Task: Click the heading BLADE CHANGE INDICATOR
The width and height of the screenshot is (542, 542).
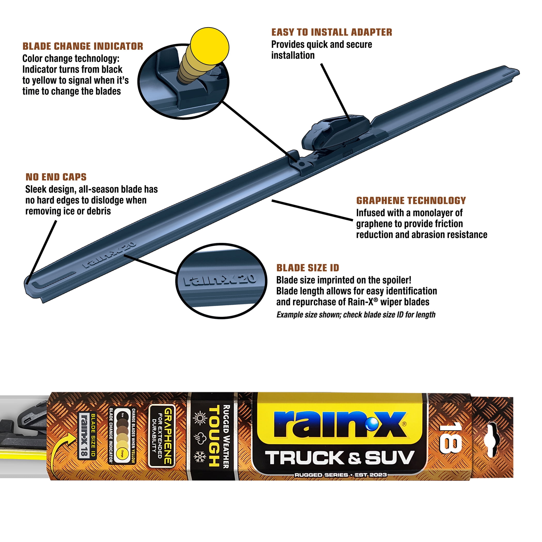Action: tap(83, 46)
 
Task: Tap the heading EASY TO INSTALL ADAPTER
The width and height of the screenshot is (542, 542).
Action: tap(332, 32)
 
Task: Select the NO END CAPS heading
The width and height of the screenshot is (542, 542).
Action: tap(56, 177)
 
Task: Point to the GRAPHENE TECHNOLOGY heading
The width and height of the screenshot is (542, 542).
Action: tap(411, 201)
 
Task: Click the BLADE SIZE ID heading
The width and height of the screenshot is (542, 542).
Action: tap(308, 268)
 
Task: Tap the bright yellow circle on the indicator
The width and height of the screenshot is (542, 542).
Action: tap(210, 47)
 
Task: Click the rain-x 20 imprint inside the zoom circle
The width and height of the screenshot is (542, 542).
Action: tap(220, 280)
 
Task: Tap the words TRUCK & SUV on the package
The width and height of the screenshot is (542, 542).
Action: tap(340, 458)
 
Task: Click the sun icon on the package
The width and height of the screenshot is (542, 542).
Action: tap(200, 419)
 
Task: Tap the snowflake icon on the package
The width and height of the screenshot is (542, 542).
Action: tap(200, 457)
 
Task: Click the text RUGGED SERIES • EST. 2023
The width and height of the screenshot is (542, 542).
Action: tap(340, 475)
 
